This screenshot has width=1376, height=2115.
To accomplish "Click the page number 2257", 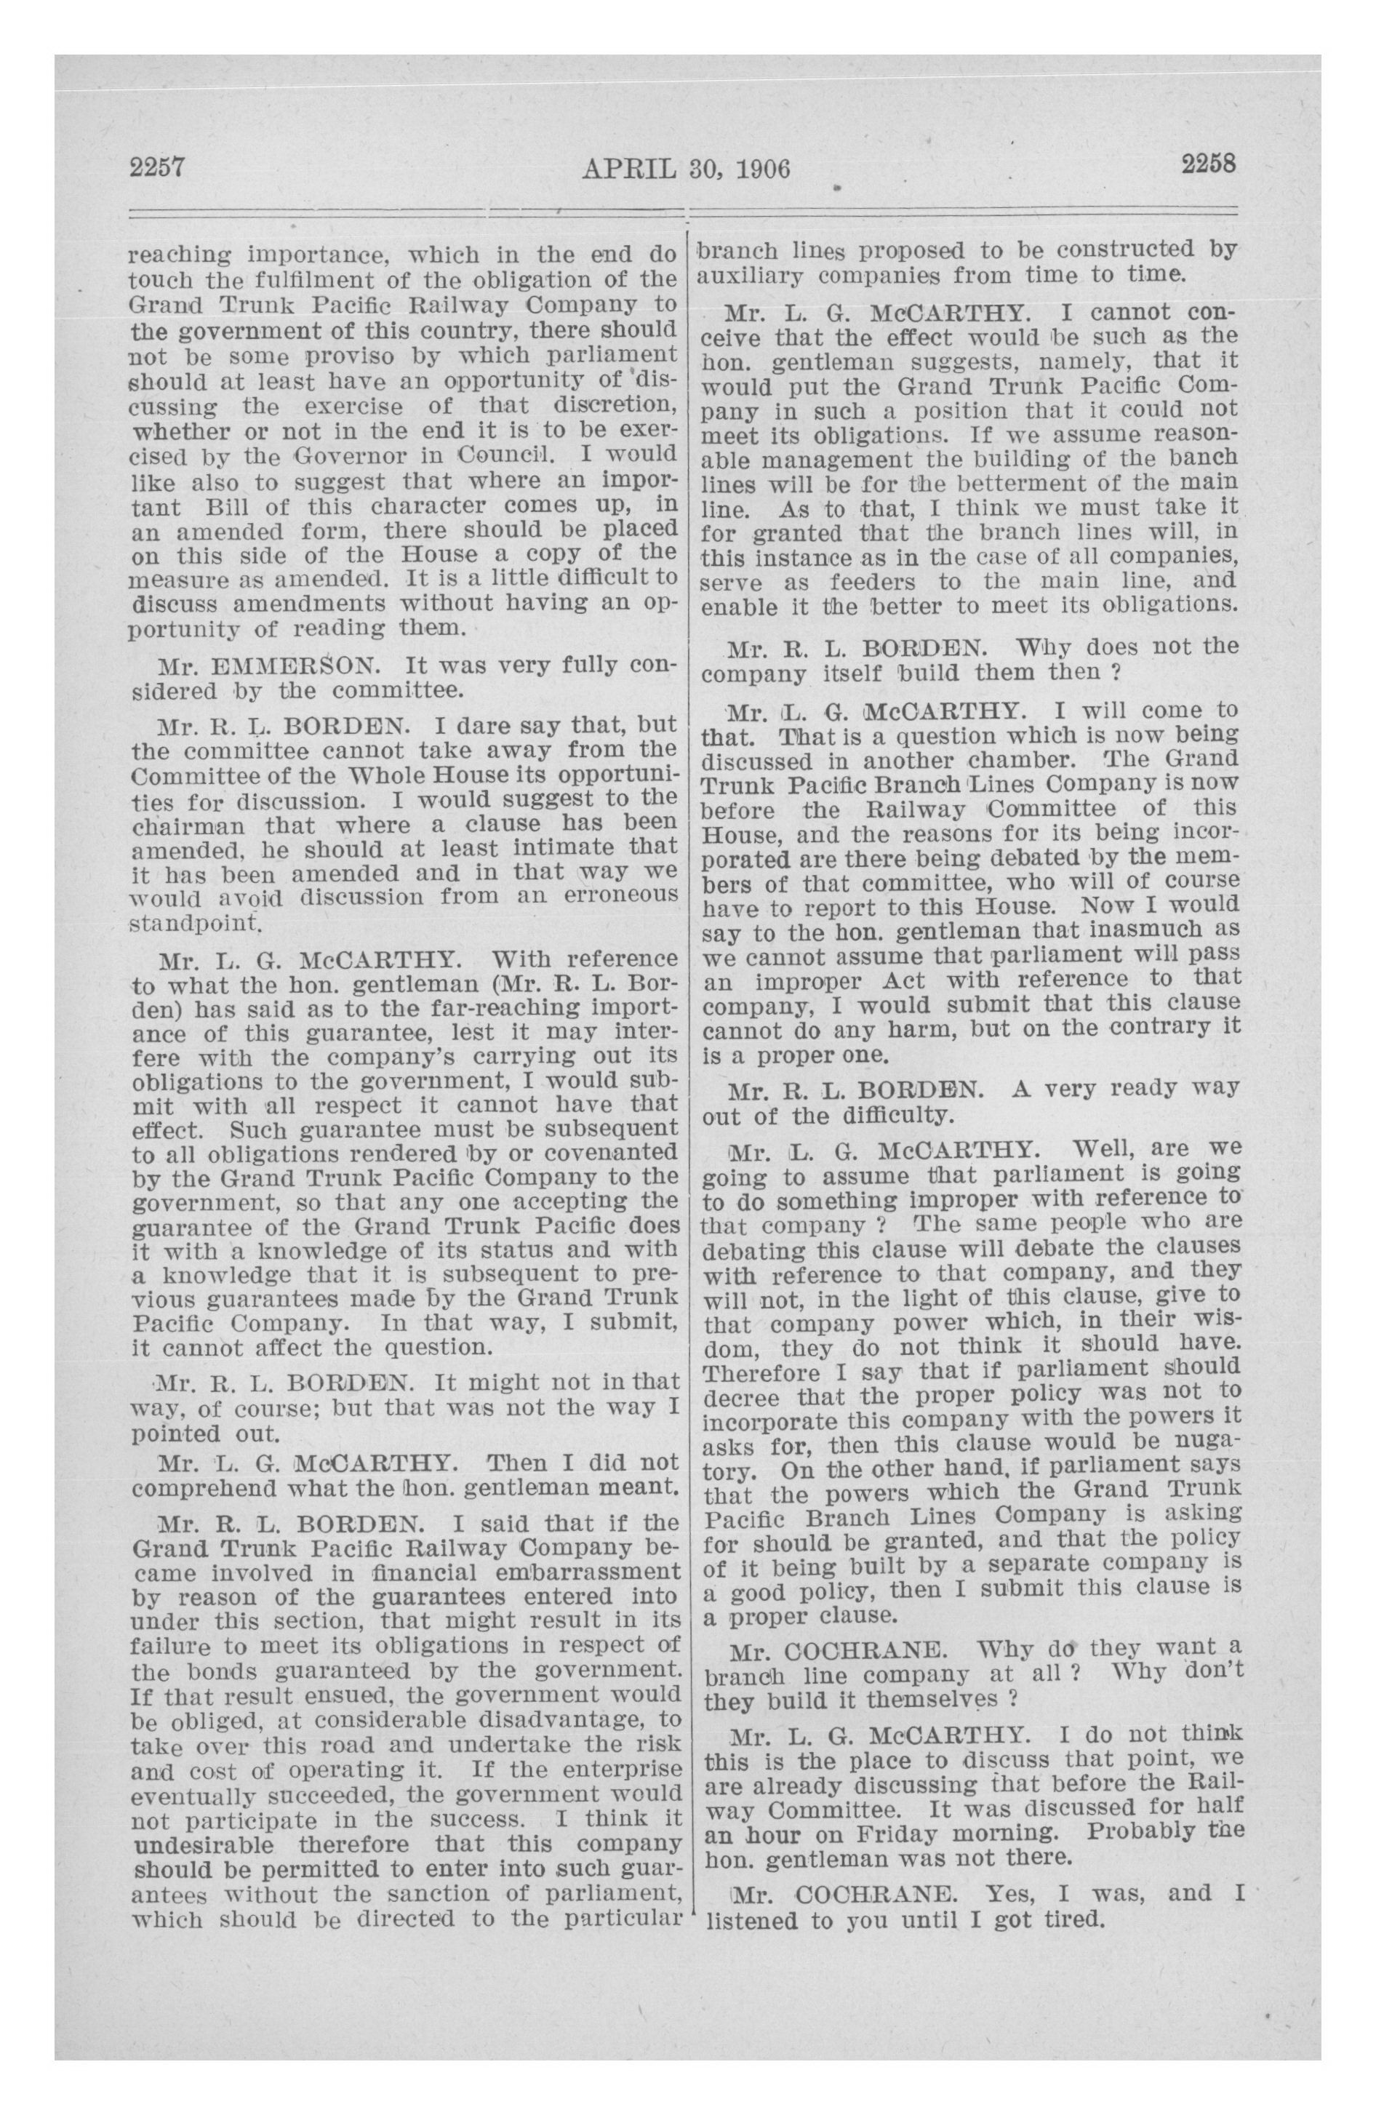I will tap(156, 166).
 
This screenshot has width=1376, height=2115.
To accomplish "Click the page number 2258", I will tap(1209, 164).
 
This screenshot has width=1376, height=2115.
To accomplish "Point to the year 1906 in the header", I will tap(759, 168).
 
